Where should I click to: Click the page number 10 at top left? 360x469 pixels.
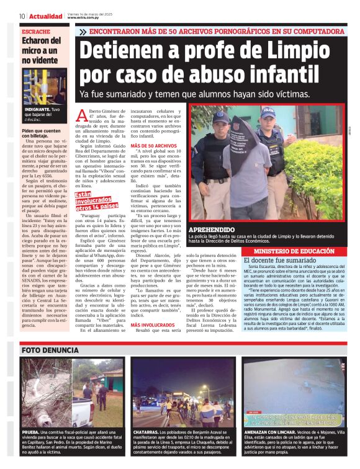(22, 16)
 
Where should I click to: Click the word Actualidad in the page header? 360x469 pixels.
(45, 16)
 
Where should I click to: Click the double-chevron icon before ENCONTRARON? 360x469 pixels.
(83, 31)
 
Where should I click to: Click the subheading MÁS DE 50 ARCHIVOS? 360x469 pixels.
(154, 146)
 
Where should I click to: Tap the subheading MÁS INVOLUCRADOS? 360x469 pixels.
(152, 324)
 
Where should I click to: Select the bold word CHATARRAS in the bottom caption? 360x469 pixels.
(148, 431)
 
